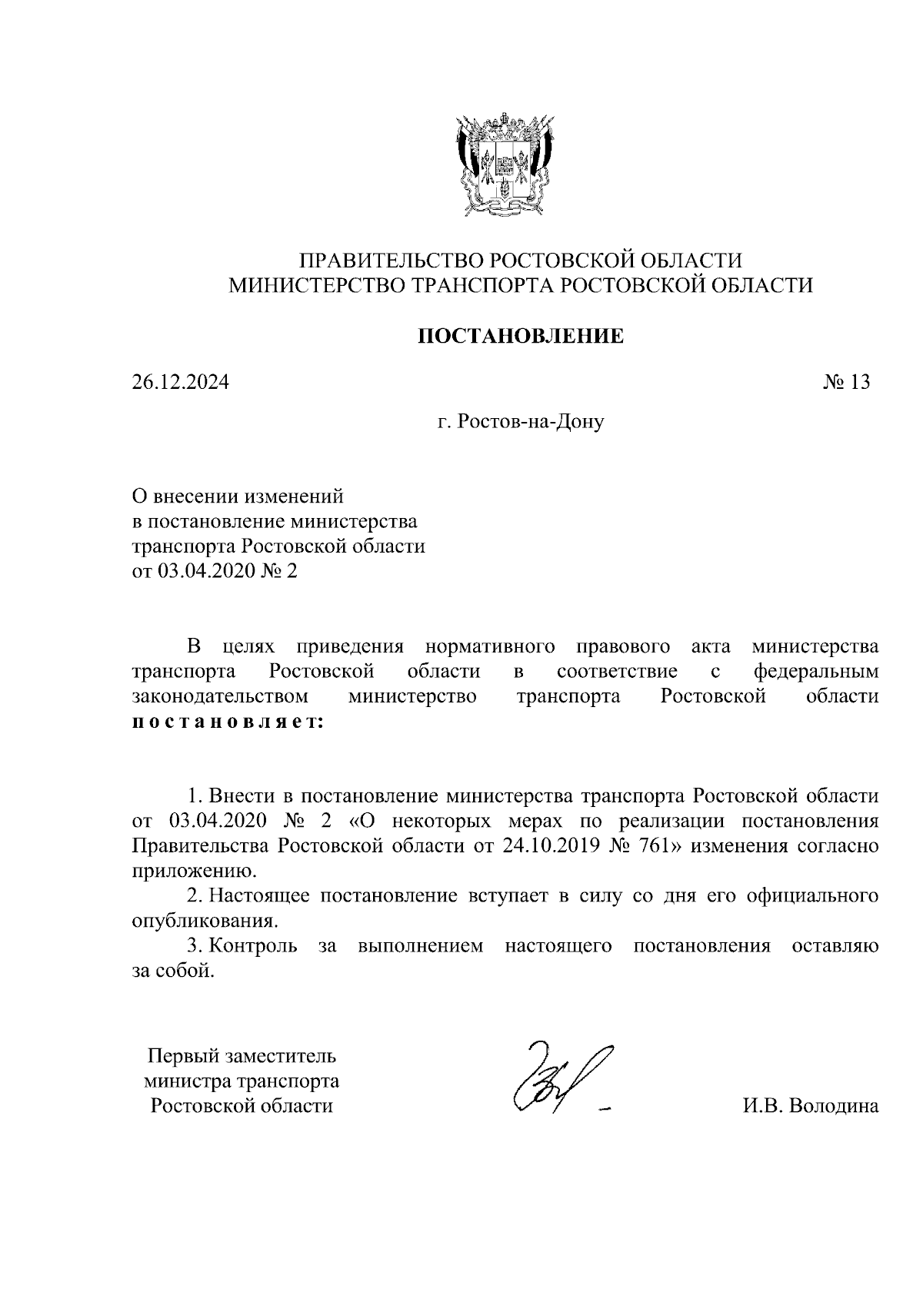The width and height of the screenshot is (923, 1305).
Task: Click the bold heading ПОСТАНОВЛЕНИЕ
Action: [x=520, y=336]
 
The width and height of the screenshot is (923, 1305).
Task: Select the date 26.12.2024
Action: [x=180, y=382]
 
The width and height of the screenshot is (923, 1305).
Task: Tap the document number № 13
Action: [x=846, y=382]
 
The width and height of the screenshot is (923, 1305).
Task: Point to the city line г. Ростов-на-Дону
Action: [x=521, y=421]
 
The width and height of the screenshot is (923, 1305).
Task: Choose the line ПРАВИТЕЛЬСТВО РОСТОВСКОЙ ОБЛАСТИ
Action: [x=521, y=260]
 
